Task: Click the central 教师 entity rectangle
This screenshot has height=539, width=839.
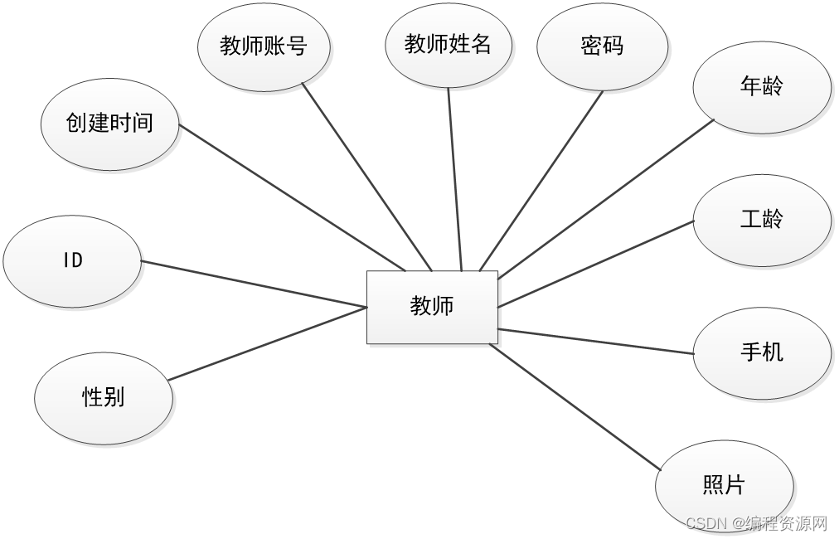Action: (x=432, y=307)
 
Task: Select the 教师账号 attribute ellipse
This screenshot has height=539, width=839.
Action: (x=264, y=46)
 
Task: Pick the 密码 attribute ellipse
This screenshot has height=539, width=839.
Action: (x=602, y=46)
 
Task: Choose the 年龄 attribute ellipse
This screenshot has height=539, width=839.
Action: (x=761, y=86)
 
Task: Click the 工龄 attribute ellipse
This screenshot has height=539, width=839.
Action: (x=761, y=220)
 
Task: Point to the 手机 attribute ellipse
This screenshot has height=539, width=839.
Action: (x=761, y=352)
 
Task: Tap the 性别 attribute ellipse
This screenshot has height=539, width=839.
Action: (x=104, y=396)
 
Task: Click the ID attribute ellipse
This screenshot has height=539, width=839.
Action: (x=73, y=260)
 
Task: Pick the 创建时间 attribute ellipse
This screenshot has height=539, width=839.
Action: (x=109, y=124)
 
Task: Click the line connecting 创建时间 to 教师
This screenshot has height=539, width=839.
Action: (x=292, y=197)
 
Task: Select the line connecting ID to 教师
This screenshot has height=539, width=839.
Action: (x=254, y=284)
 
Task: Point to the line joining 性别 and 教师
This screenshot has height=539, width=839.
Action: (x=267, y=343)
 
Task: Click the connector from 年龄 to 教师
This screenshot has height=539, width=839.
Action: (x=605, y=199)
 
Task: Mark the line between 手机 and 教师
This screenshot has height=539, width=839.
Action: (x=595, y=342)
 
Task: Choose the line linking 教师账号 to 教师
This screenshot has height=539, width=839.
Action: (x=366, y=176)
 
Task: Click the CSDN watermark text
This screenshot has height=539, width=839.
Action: (x=756, y=523)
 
